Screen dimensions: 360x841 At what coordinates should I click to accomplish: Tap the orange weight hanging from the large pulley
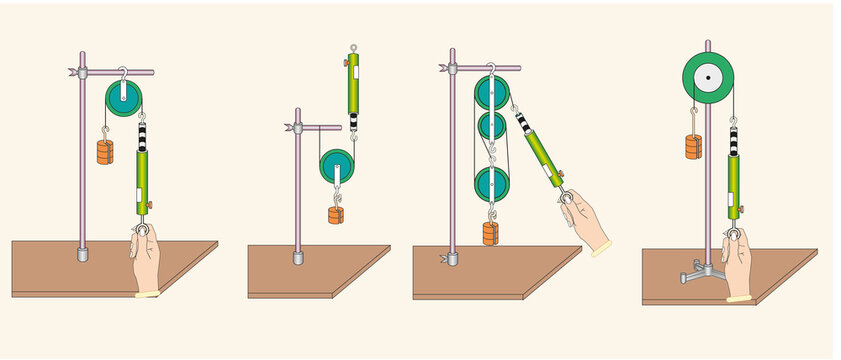[x=693, y=146]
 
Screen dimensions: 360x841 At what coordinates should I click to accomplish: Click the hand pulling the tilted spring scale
[x=588, y=223]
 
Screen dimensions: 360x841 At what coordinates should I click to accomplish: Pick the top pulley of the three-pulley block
[x=491, y=91]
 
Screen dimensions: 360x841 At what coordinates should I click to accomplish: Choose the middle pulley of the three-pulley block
[x=491, y=126]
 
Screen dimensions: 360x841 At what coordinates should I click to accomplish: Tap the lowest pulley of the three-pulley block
[x=491, y=183]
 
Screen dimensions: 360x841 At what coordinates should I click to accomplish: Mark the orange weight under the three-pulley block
[x=490, y=233]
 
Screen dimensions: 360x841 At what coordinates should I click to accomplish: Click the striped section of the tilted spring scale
[x=524, y=124]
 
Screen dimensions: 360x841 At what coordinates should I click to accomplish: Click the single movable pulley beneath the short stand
[x=337, y=165]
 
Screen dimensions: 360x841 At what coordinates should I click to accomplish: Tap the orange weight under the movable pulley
[x=336, y=213]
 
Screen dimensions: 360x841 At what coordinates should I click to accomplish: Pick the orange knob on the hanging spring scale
[x=344, y=64]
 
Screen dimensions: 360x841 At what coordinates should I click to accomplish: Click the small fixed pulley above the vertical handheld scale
[x=123, y=98]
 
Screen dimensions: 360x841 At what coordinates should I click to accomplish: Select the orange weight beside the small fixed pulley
[x=105, y=152]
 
